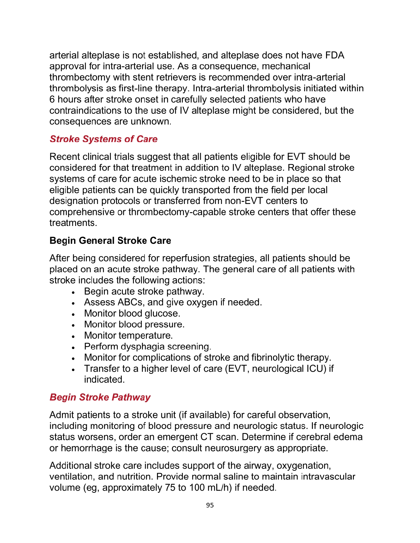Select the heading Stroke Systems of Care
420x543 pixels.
click(x=104, y=139)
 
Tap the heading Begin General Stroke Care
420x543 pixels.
click(x=110, y=240)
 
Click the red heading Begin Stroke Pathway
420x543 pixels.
click(x=100, y=397)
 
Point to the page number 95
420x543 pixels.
click(x=210, y=505)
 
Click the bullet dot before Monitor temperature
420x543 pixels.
click(x=73, y=336)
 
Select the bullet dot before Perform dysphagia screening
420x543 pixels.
click(x=73, y=347)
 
